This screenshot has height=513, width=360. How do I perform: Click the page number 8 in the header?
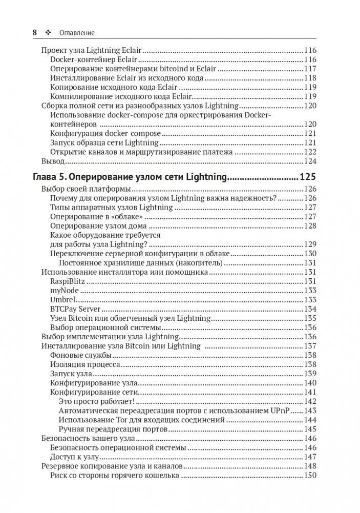(35, 32)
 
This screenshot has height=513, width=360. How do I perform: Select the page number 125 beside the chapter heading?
(308, 177)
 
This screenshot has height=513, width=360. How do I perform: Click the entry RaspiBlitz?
(68, 281)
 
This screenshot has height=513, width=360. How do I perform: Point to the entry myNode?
(65, 291)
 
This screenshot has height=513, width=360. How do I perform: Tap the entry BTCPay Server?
(75, 309)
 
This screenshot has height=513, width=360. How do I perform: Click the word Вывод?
(52, 161)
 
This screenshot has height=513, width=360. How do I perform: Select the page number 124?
(310, 161)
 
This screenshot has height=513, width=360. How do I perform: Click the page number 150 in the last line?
(310, 476)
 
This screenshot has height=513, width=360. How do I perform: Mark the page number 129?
(310, 244)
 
